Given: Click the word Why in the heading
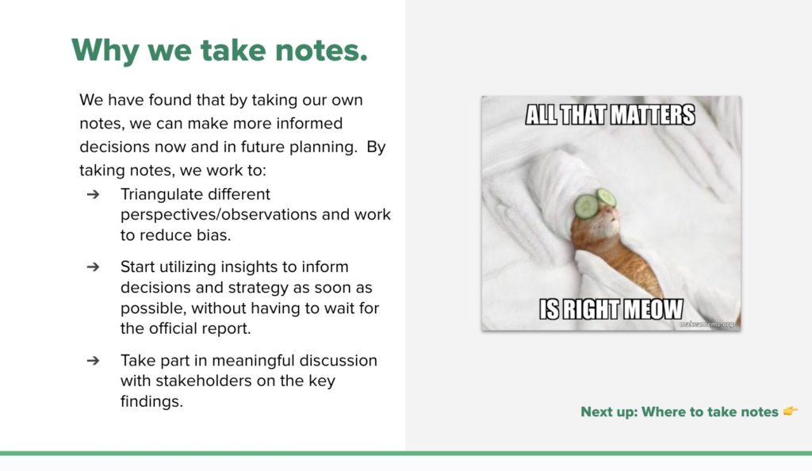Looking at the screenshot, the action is (105, 50).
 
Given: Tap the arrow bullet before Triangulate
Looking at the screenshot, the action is (94, 194).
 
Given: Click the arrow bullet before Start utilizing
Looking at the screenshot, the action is (94, 267).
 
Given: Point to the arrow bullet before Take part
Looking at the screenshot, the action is (94, 361).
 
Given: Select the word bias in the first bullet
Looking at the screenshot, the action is (213, 235).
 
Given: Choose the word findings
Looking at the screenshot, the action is (151, 402).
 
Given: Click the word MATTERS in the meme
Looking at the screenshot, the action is (652, 115).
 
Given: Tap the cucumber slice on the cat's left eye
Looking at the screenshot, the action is (586, 206).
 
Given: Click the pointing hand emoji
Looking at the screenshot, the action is (791, 411).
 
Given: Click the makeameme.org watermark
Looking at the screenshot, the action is (707, 324).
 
